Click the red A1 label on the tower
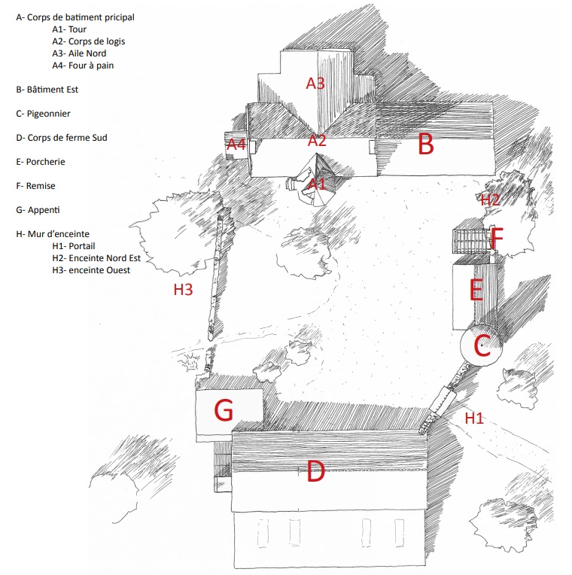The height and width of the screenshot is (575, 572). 317,183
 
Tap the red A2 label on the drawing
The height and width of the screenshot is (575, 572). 317,140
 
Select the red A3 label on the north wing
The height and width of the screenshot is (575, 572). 315,84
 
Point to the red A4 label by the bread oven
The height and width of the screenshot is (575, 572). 236,144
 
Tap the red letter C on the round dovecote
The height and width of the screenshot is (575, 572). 481,347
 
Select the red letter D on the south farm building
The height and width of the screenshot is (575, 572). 315,473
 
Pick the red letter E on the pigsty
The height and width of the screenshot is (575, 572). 476,291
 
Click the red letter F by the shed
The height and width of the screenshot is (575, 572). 496,239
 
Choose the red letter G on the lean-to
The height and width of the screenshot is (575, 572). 224,411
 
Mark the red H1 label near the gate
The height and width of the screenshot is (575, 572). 473,418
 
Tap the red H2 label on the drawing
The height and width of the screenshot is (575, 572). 491,200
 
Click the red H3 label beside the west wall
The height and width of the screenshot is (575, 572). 184,289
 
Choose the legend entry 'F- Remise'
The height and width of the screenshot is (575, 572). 36,186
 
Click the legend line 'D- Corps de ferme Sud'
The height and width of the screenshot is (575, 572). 62,138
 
